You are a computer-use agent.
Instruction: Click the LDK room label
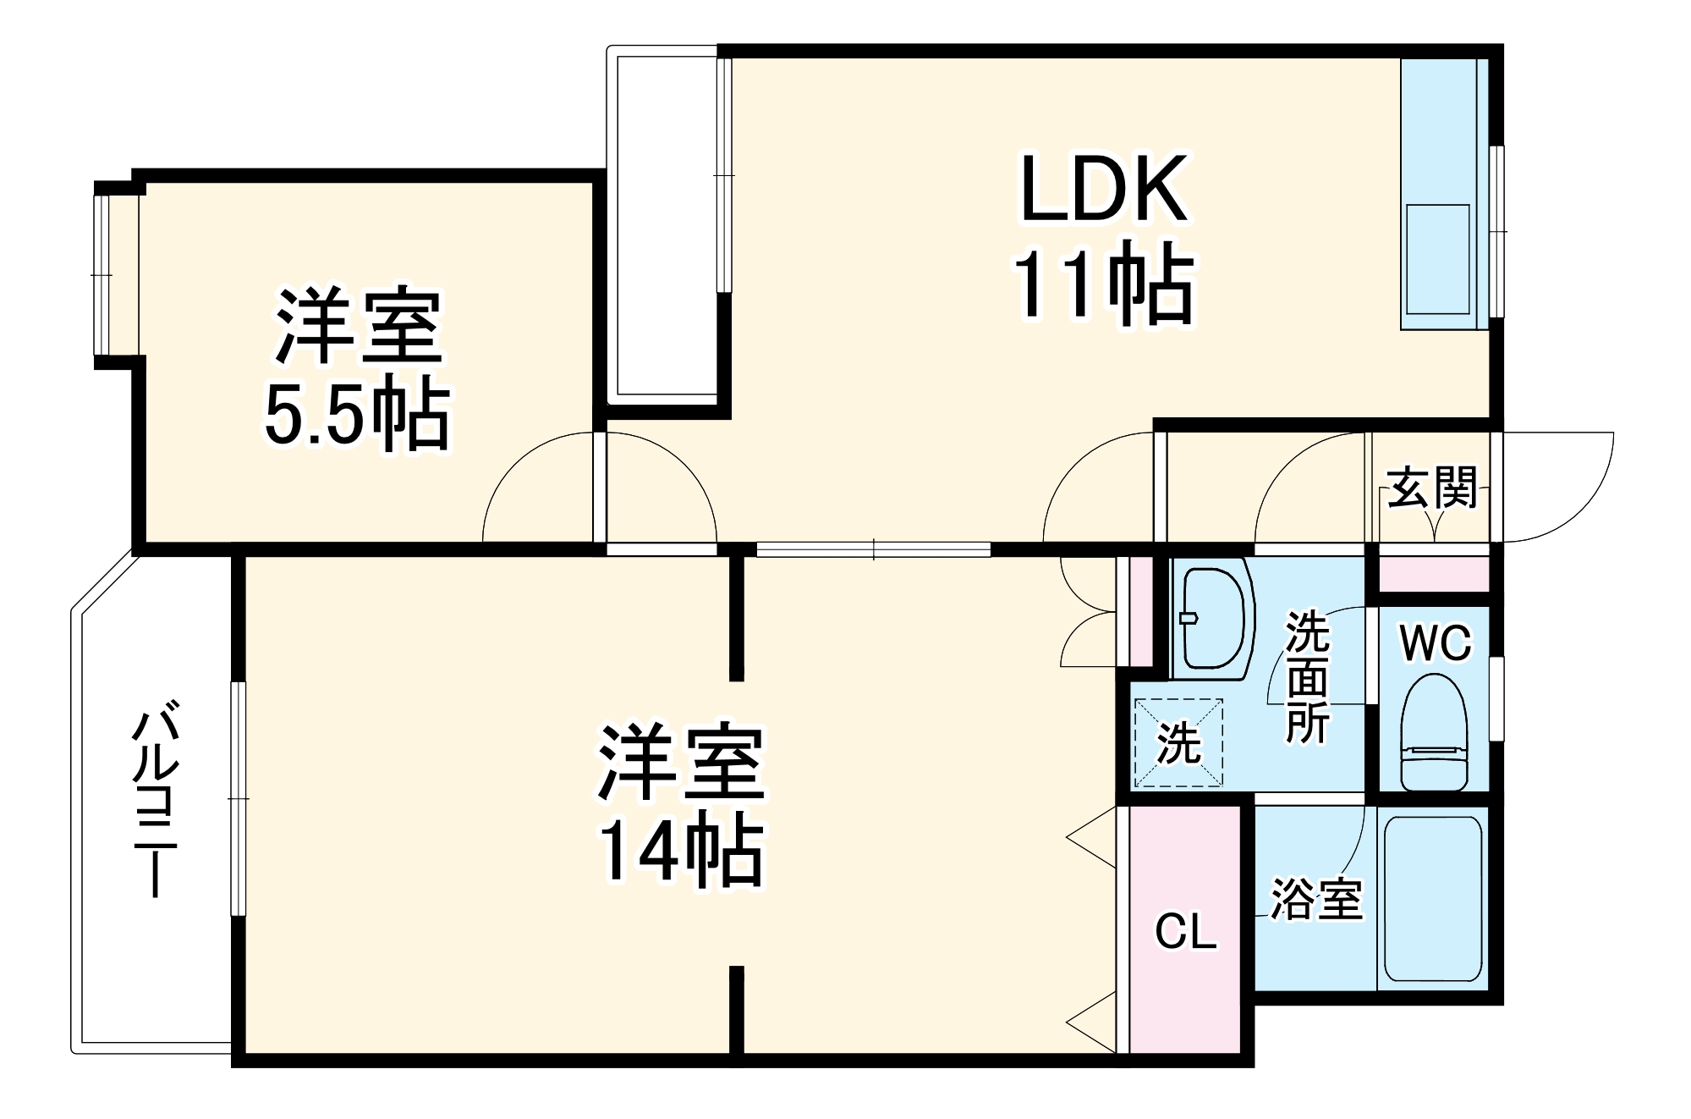1104,189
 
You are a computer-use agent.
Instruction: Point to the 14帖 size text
681,852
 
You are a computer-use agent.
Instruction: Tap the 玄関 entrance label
1432,488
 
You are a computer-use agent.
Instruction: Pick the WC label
1436,643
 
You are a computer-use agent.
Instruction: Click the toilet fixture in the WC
1434,733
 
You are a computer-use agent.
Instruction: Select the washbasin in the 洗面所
1212,618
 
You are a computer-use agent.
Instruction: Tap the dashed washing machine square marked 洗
1178,742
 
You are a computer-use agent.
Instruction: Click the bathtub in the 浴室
1433,898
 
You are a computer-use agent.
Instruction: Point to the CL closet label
1186,932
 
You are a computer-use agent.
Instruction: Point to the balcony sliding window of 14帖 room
239,798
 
